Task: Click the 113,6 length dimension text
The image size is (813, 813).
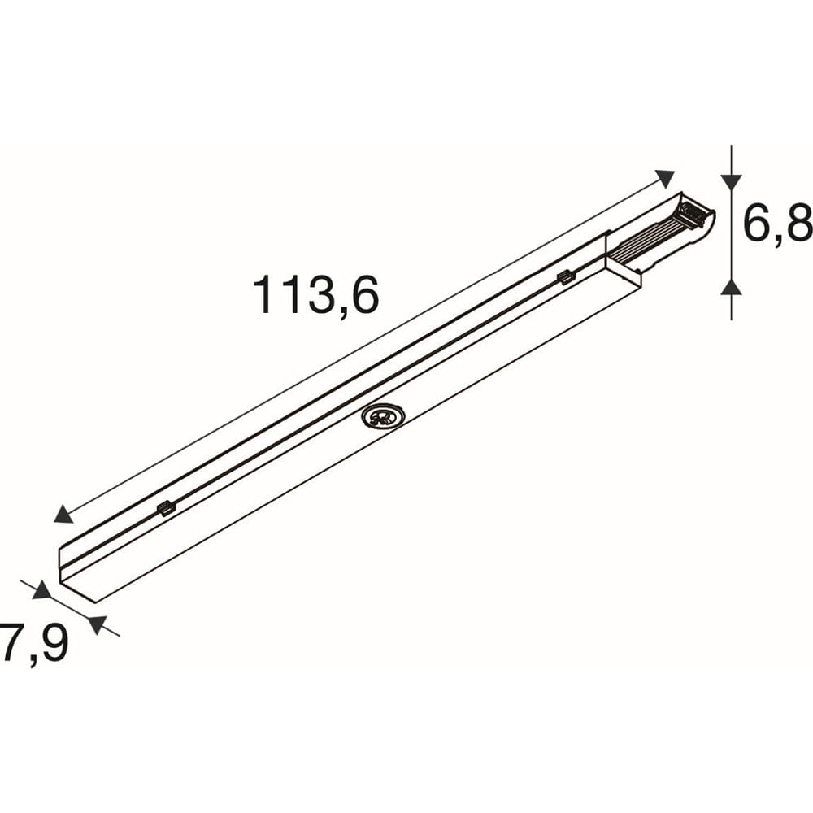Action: (x=315, y=296)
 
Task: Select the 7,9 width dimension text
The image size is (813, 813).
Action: (x=34, y=644)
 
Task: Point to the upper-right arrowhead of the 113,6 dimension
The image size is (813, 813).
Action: (x=665, y=178)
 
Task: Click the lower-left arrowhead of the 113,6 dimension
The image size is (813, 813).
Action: (x=63, y=515)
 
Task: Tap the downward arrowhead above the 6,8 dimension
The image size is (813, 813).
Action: (x=732, y=182)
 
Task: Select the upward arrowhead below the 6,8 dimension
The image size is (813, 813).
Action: (x=732, y=287)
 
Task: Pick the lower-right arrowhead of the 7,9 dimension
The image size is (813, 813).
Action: (x=98, y=624)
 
